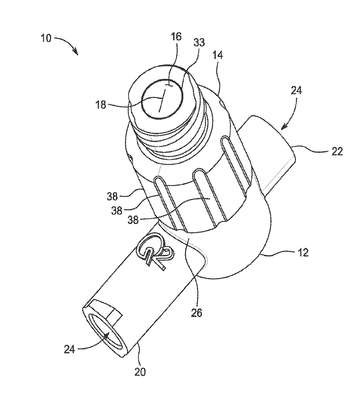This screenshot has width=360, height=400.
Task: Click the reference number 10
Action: (x=46, y=38)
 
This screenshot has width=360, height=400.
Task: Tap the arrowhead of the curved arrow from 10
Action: (x=76, y=51)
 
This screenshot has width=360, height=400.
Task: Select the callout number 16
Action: (x=176, y=37)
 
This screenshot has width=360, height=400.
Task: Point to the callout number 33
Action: (x=199, y=43)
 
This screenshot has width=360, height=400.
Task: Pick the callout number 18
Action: (x=100, y=105)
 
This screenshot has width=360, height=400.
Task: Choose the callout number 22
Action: (x=337, y=151)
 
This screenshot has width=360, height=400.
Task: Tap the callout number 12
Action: (x=302, y=252)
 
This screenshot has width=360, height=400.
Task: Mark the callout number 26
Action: (x=197, y=313)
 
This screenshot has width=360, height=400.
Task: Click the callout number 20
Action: (x=140, y=371)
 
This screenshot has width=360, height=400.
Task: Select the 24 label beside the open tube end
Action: (x=70, y=349)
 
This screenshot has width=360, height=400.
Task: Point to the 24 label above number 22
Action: (x=296, y=90)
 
